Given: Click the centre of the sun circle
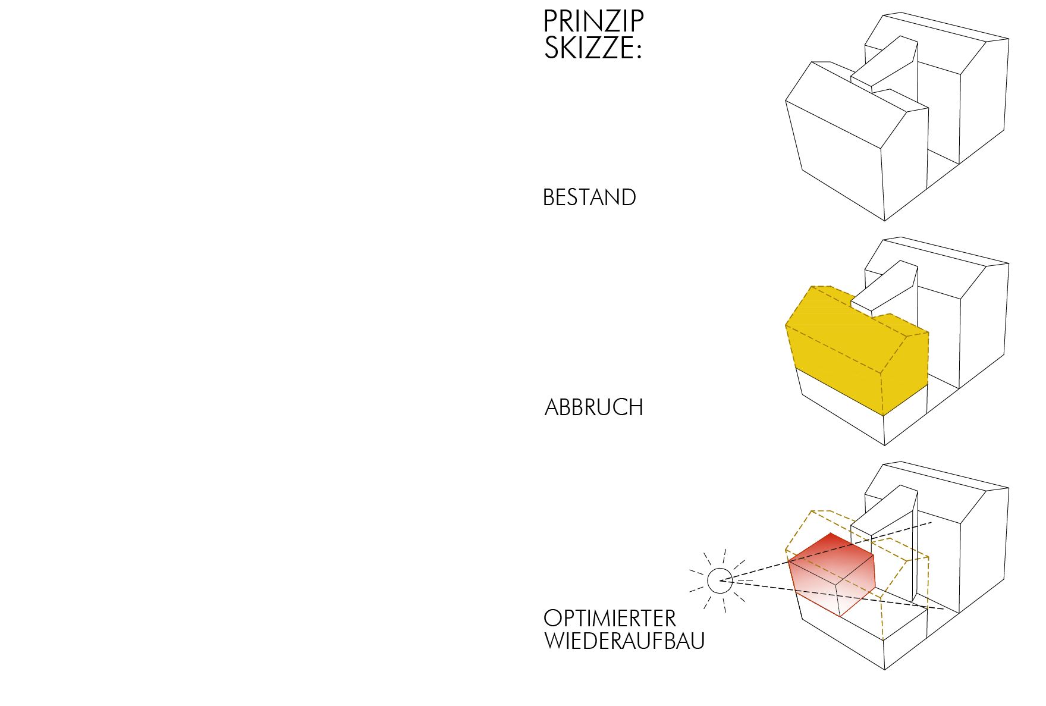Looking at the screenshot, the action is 720,581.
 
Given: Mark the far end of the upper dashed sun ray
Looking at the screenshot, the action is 932,523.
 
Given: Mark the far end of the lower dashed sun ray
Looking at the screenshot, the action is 944,610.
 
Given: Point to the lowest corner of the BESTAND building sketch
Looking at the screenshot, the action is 885,221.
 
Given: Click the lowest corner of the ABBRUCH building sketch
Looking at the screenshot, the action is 885,445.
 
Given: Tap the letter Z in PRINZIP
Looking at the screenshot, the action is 611,21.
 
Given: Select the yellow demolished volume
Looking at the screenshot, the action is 856,351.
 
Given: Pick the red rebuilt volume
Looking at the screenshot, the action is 833,574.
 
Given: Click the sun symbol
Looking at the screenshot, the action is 720,581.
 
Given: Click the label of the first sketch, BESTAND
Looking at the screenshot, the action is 589,197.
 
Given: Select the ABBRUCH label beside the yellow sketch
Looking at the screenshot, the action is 594,407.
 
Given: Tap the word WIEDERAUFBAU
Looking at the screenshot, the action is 624,641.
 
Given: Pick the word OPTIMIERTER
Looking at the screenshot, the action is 610,619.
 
